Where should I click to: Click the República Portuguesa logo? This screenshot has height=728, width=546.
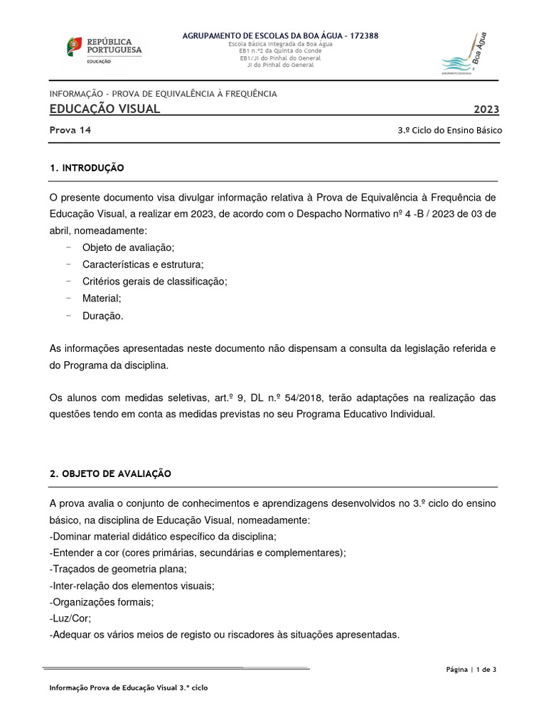point(104,50)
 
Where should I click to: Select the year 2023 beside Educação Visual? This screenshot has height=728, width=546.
point(486,109)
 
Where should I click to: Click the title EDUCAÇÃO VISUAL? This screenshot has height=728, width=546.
point(105,109)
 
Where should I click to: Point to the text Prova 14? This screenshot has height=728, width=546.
point(70,130)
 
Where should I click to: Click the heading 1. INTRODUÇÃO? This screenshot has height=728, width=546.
point(87,168)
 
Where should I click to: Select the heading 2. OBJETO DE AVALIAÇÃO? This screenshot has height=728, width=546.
point(110,473)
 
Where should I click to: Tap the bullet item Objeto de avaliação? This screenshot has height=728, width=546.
point(128,247)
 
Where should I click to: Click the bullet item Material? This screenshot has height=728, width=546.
point(102,299)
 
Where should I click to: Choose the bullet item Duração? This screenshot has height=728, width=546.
point(102,316)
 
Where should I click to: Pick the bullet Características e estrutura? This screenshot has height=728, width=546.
point(142,264)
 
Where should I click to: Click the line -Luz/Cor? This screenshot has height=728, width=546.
point(70,619)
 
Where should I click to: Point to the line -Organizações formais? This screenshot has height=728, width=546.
point(102,602)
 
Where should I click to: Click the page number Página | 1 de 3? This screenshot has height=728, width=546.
point(471,669)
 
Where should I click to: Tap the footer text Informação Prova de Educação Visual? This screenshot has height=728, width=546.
point(128,688)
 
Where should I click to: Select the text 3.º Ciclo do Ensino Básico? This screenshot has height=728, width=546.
point(449,131)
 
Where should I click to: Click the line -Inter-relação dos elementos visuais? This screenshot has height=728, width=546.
point(133,585)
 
